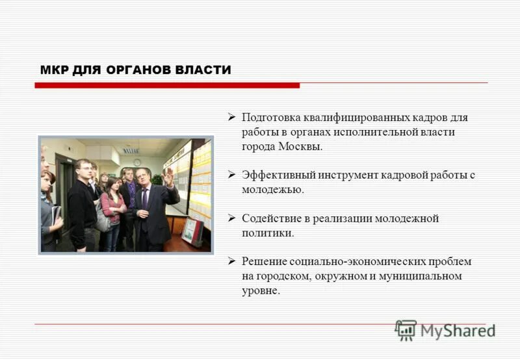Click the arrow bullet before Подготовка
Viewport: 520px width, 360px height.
(231, 118)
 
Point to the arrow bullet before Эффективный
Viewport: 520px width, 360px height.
(231, 175)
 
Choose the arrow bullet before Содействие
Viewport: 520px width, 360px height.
(231, 218)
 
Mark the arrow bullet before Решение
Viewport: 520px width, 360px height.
(231, 261)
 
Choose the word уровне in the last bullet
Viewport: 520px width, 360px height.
(260, 290)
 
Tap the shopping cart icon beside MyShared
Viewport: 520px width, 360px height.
(405, 330)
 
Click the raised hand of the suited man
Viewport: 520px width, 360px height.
(168, 175)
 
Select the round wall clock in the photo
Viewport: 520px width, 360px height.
(137, 162)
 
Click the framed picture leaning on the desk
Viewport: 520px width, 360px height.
(192, 231)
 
